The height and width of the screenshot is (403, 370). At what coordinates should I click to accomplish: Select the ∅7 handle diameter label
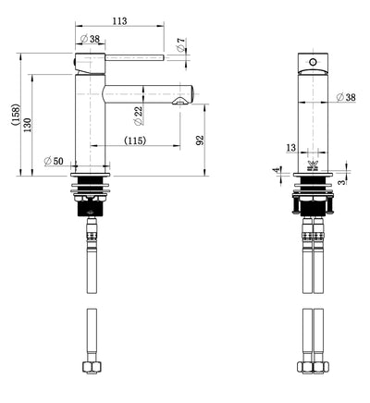[181, 43]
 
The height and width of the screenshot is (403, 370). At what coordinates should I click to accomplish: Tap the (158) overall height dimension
[15, 114]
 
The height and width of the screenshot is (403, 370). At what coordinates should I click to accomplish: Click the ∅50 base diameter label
[53, 163]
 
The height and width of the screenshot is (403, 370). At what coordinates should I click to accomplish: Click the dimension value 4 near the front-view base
[274, 169]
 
